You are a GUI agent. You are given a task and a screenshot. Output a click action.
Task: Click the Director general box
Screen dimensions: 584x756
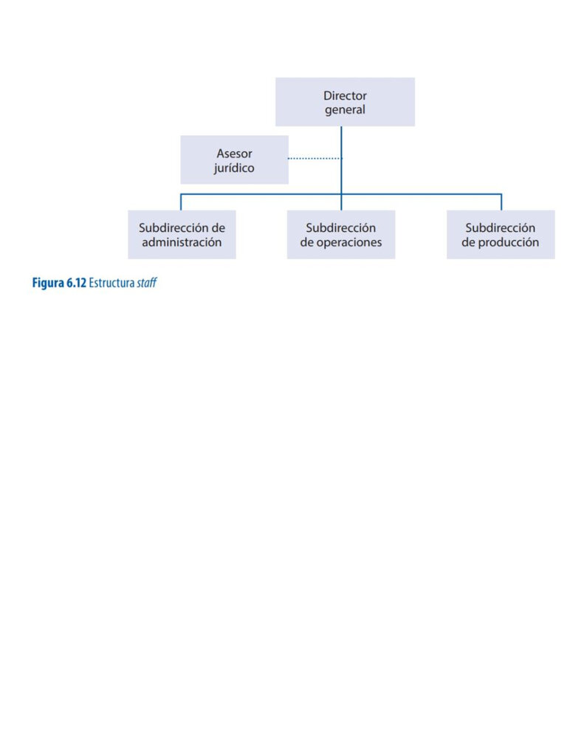345,102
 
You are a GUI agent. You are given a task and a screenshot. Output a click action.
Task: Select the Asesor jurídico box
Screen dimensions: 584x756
234,159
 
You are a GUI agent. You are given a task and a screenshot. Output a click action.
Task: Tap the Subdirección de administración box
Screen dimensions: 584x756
182,234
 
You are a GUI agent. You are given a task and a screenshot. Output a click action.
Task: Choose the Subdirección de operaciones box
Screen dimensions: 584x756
341,234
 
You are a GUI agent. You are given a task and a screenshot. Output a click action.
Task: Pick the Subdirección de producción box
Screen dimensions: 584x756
501,234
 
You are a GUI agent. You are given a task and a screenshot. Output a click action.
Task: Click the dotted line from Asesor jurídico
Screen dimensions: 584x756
315,158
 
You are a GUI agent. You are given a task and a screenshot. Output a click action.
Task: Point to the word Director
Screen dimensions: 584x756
345,95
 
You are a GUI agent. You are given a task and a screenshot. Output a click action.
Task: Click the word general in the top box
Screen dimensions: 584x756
345,110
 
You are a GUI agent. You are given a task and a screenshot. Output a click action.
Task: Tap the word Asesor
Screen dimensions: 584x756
234,154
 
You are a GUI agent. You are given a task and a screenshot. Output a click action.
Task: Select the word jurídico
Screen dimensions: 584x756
234,168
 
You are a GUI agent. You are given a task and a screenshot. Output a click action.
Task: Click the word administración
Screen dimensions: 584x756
182,242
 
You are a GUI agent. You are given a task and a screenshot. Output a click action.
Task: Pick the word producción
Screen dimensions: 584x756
508,242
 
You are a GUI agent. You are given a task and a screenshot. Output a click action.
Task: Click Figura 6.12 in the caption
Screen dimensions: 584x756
59,283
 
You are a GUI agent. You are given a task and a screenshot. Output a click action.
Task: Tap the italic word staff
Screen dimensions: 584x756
147,283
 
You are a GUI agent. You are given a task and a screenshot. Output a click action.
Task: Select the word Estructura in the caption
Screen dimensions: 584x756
111,283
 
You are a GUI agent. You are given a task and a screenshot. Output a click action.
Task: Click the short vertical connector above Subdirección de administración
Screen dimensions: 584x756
181,202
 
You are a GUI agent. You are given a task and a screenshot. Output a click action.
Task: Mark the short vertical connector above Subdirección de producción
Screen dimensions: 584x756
501,202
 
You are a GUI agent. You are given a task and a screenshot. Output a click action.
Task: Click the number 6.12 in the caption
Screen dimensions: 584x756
76,283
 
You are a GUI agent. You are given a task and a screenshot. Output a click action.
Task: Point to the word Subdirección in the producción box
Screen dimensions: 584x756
500,227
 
